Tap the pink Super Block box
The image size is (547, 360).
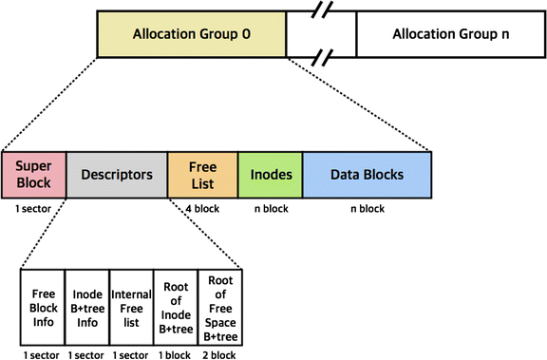click(33, 175)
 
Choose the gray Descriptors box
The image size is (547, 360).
click(116, 175)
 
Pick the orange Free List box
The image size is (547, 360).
click(201, 175)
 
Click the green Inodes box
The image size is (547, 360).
click(270, 175)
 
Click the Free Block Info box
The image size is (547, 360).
click(42, 307)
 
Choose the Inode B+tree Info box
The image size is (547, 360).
click(86, 307)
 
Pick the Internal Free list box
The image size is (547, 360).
click(131, 307)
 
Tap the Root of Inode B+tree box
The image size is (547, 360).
click(175, 307)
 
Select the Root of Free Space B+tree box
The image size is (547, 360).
click(219, 307)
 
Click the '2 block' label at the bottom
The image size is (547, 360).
click(220, 354)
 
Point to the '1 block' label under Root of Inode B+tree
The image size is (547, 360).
click(176, 354)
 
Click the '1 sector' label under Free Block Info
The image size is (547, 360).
click(42, 354)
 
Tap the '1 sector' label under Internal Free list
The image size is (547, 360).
click(131, 354)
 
